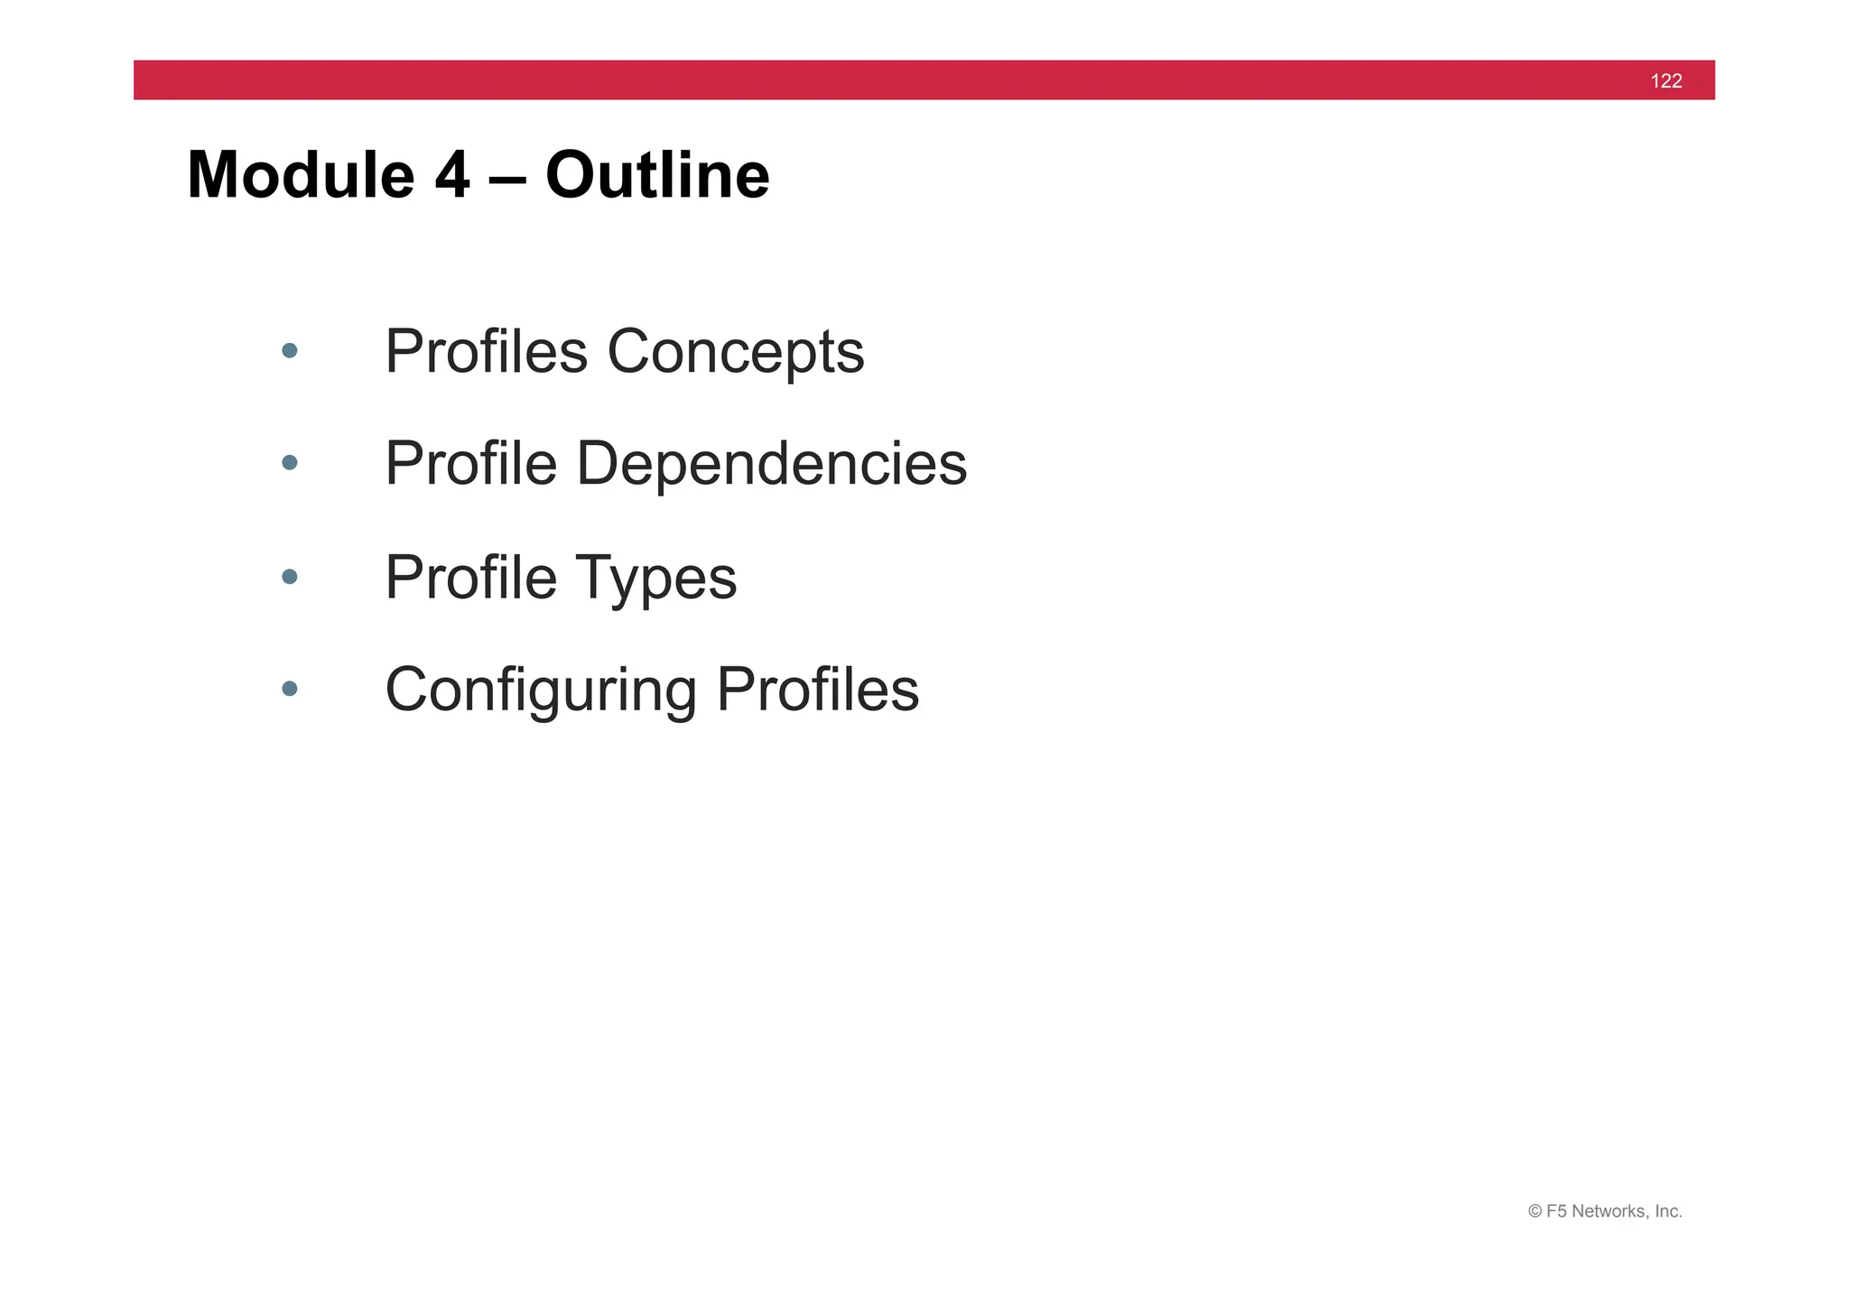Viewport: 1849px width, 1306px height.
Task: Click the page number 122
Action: [x=1666, y=81]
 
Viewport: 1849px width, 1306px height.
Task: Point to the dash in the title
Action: [x=507, y=176]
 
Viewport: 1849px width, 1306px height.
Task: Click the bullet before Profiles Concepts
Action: [x=289, y=350]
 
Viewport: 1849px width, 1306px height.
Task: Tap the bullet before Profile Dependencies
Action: [x=289, y=463]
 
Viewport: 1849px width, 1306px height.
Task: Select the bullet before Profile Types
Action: [x=289, y=576]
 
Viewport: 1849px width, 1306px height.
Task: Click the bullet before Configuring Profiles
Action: [x=289, y=689]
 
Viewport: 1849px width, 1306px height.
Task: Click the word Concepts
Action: [x=735, y=352]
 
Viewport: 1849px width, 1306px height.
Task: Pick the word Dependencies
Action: [x=771, y=464]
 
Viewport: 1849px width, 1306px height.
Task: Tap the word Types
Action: [x=655, y=579]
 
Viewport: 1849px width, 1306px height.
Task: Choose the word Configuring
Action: [x=541, y=690]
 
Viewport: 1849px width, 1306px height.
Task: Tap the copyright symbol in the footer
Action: [x=1535, y=1211]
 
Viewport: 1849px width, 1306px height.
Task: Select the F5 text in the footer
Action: [x=1556, y=1211]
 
